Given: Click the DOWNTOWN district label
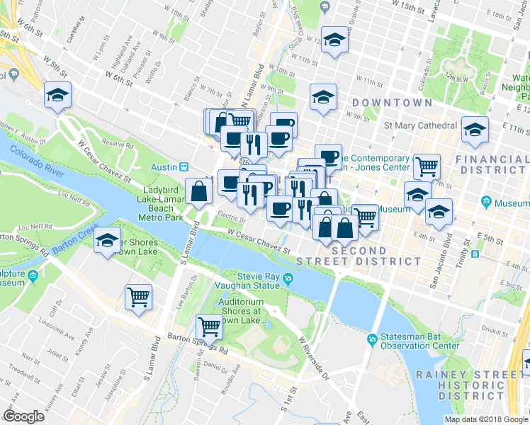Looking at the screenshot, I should [x=392, y=103].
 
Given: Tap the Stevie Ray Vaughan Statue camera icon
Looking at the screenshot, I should [x=288, y=278].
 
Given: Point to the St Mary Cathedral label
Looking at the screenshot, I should [x=420, y=125].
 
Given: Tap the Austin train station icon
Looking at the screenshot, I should [x=184, y=166].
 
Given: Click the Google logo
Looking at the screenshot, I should [x=24, y=416].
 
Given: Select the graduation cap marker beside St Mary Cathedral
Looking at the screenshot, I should [x=475, y=129].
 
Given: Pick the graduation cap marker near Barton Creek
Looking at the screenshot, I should [x=108, y=240].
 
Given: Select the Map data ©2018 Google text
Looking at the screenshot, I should [x=486, y=419].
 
